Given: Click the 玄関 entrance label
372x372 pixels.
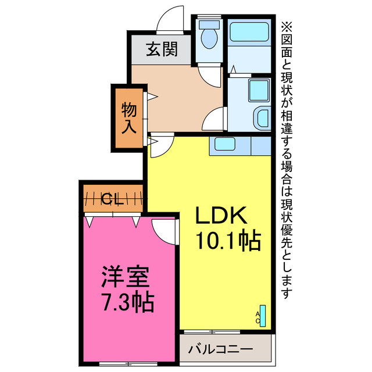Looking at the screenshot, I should (x=161, y=49).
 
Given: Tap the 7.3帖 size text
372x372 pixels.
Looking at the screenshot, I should (x=127, y=301).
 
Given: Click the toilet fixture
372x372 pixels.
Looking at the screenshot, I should (x=209, y=36).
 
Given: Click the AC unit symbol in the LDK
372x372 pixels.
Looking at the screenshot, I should (x=262, y=315).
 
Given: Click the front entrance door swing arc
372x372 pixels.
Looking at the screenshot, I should (x=171, y=17).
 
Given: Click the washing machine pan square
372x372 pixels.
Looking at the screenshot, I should (x=256, y=90).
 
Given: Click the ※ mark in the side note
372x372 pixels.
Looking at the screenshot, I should (x=287, y=26).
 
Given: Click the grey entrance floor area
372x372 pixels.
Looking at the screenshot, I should (x=160, y=50).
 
